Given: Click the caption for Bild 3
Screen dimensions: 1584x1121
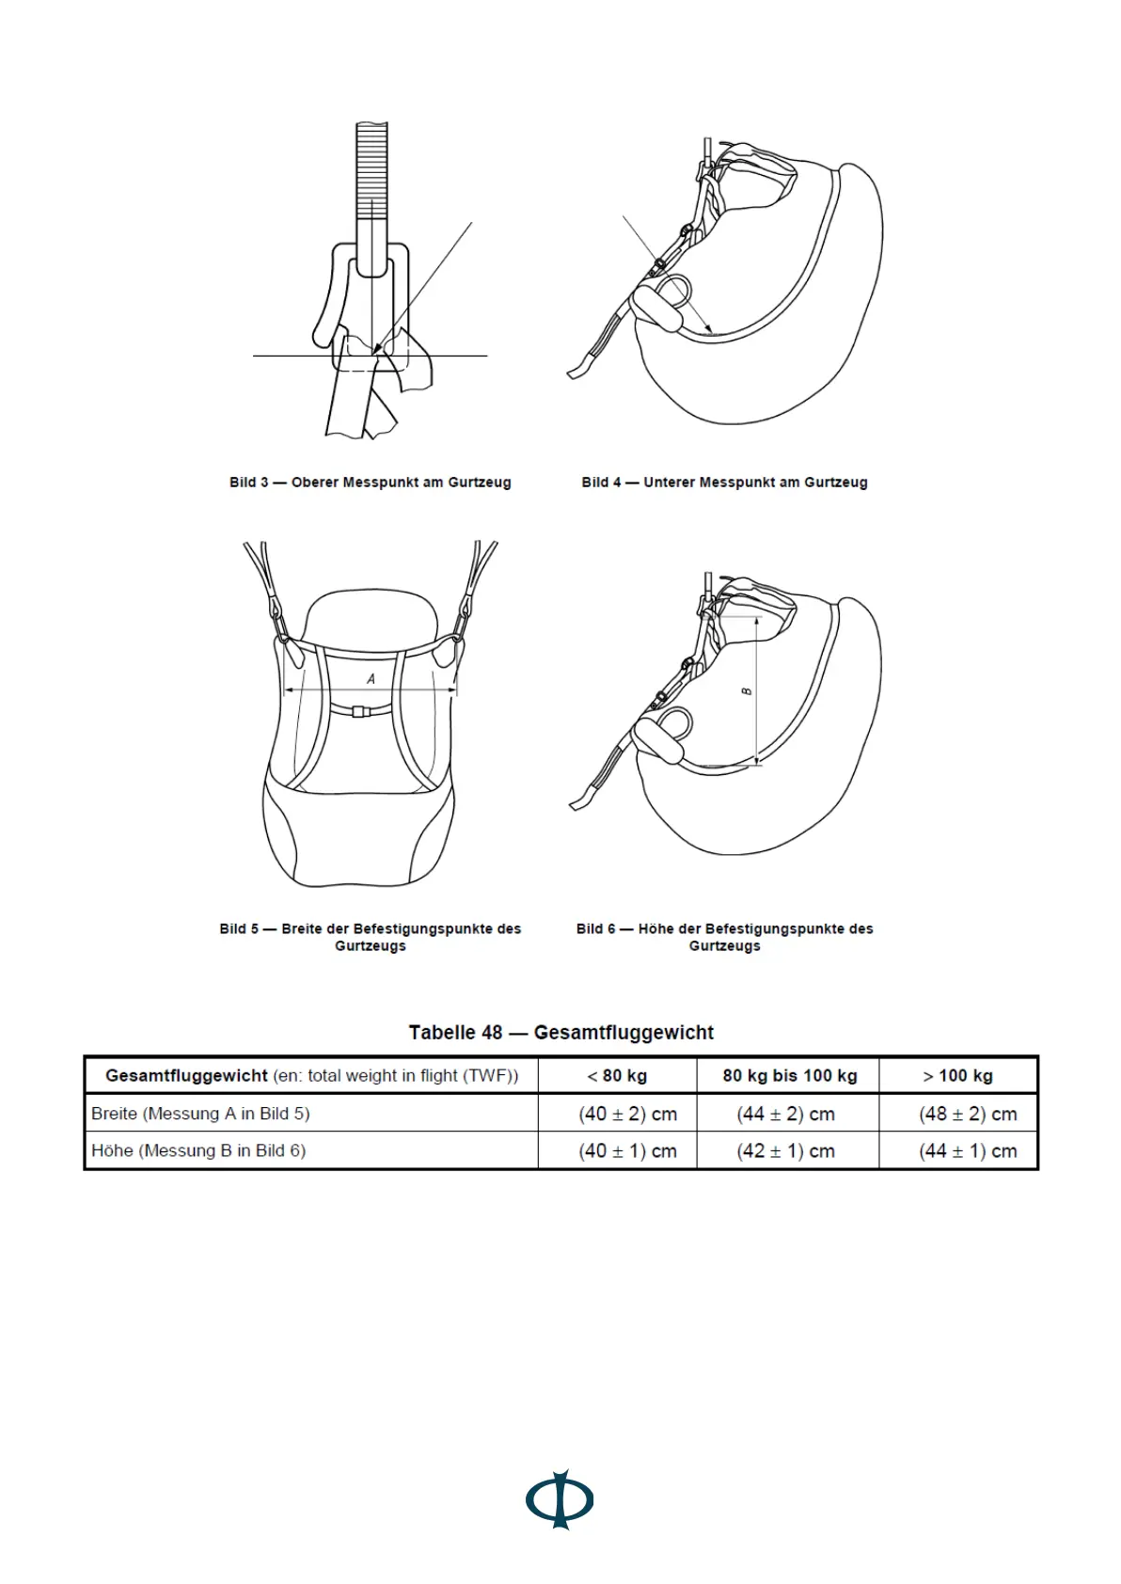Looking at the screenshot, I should point(371,483).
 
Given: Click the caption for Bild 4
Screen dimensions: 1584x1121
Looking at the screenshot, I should point(724,483).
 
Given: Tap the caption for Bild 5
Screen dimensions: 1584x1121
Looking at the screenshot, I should point(371,937).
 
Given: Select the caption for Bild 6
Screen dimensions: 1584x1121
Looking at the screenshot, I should point(724,937).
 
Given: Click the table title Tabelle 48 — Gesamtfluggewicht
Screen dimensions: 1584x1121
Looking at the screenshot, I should point(560,1032).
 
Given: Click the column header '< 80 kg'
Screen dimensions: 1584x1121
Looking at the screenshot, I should point(617,1076).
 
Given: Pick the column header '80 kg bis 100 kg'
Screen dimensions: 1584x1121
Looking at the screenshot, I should point(789,1076).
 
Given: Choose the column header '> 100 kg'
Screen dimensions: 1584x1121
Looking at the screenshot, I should point(958,1076).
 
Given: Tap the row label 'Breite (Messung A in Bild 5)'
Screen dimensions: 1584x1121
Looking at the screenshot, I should point(200,1114).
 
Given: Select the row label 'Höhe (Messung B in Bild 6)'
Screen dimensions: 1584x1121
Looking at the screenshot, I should point(198,1150).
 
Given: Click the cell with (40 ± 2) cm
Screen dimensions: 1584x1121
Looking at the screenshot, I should point(627,1114).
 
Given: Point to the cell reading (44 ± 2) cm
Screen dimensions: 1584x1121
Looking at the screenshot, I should point(785,1114).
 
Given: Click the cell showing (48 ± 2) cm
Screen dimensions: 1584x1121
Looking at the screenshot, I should point(968,1114).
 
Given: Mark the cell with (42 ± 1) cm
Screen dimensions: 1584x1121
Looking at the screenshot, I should point(785,1150).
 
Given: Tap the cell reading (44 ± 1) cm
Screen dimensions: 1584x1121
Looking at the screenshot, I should point(968,1150).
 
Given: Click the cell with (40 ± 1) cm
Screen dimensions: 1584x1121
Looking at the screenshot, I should point(627,1150).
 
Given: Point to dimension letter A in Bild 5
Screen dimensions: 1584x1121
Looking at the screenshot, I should point(371,678).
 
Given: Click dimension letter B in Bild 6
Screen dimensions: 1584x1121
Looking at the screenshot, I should point(748,691).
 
